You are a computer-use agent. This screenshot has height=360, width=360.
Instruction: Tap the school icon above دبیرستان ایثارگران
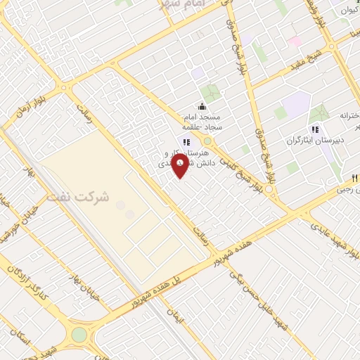tap(315, 129)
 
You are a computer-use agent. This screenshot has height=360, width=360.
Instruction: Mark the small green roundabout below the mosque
tap(207, 141)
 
